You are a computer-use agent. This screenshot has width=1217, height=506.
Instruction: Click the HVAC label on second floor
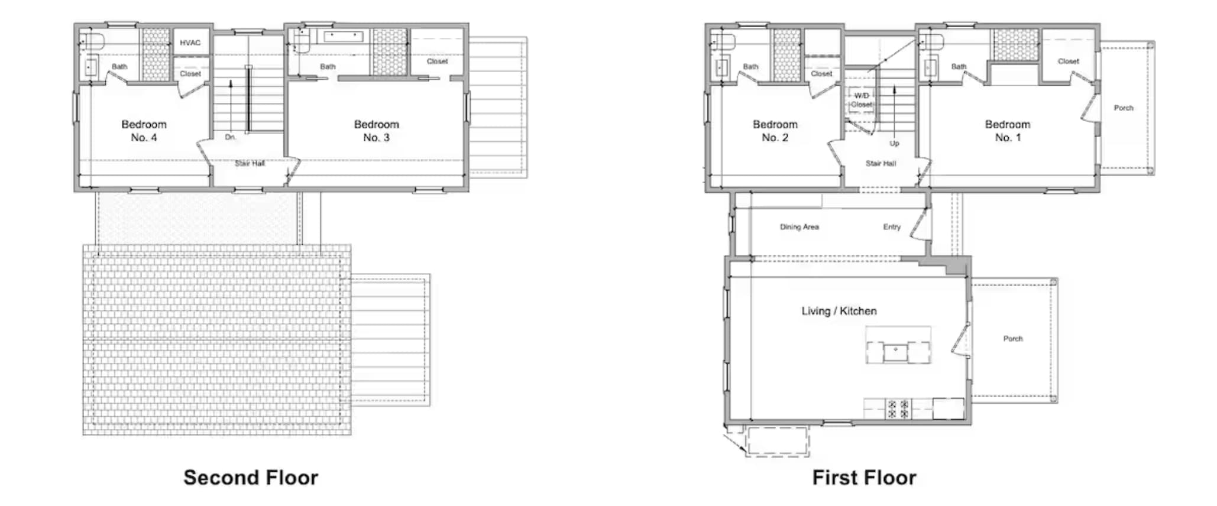click(x=190, y=43)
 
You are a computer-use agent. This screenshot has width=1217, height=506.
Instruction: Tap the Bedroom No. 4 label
click(x=144, y=131)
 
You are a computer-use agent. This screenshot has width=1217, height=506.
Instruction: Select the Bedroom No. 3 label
click(x=376, y=131)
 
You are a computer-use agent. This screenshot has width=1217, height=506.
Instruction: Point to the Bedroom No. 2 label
click(x=775, y=131)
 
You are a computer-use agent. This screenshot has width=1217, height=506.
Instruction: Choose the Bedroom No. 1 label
click(x=1007, y=131)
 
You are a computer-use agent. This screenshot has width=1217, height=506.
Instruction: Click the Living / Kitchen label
click(x=839, y=311)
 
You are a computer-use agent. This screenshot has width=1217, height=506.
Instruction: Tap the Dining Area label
click(x=799, y=227)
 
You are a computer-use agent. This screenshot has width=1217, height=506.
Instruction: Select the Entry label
click(x=892, y=227)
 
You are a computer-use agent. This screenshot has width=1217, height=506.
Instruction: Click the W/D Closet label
click(x=862, y=100)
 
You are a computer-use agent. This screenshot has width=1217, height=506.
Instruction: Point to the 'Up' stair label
click(x=894, y=144)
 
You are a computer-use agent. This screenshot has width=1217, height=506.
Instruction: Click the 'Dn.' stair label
click(x=230, y=137)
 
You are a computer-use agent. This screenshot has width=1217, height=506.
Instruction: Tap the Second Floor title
click(x=251, y=478)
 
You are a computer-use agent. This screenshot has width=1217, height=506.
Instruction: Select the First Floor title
click(x=864, y=478)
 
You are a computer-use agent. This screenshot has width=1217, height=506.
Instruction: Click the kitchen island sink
click(x=896, y=353)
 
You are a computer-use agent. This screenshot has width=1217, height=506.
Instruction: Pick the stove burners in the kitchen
click(x=898, y=409)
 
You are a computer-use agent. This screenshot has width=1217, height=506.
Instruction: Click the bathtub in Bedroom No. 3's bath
click(x=343, y=36)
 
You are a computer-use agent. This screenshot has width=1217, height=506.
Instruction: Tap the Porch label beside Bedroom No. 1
click(x=1123, y=108)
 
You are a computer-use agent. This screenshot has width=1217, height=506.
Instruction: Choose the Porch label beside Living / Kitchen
click(x=1012, y=339)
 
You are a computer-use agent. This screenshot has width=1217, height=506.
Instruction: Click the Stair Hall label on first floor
click(x=881, y=164)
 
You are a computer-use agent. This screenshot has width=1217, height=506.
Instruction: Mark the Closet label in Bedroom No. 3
click(x=437, y=61)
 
